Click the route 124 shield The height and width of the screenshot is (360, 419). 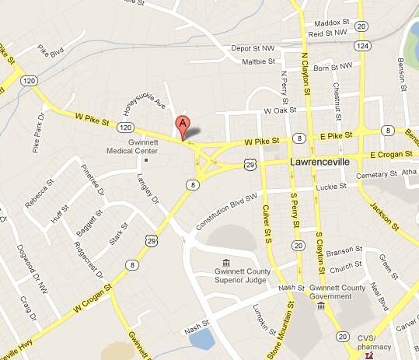362,47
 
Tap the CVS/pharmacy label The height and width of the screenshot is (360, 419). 386,341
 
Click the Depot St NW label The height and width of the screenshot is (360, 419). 254,48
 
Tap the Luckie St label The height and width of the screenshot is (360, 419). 331,187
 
